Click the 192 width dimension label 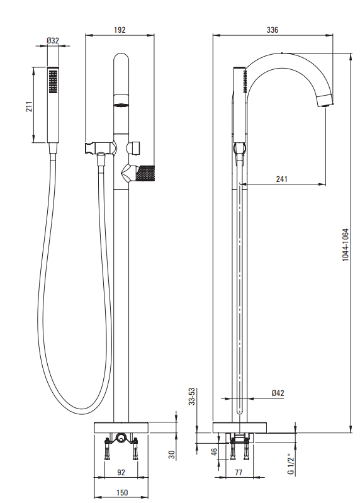click(x=120, y=30)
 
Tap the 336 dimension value click(x=272, y=30)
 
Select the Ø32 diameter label click(x=53, y=41)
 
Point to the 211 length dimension click(x=29, y=106)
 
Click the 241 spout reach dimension click(x=282, y=179)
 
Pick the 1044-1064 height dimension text click(x=346, y=245)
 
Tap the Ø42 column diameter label click(x=278, y=393)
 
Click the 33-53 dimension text click(x=191, y=397)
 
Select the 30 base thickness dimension click(x=172, y=455)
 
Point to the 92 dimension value click(x=121, y=473)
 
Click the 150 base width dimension click(x=121, y=492)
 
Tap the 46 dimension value click(x=214, y=451)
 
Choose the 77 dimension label click(x=239, y=473)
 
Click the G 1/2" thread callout click(x=291, y=464)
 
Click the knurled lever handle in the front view click(x=145, y=172)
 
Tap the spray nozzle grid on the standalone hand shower click(x=53, y=82)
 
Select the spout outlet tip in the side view click(x=325, y=102)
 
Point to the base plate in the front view click(x=121, y=427)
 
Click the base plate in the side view click(x=239, y=427)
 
